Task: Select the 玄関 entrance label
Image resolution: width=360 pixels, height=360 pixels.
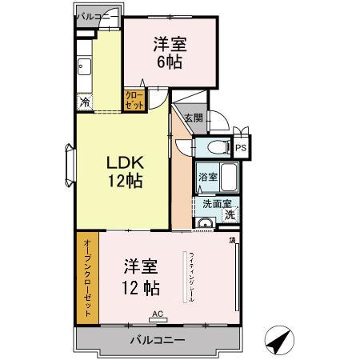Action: [193, 118]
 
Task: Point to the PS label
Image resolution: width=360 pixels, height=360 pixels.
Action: [240, 148]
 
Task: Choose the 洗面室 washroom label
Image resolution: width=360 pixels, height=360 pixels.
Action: [210, 203]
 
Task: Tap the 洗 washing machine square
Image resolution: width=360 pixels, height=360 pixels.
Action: [230, 214]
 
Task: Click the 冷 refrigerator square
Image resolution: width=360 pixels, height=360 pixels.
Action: [84, 102]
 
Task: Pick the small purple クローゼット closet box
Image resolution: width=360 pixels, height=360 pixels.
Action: [133, 100]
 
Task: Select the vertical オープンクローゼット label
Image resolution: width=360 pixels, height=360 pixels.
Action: [87, 278]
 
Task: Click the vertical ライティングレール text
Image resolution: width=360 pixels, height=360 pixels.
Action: [192, 277]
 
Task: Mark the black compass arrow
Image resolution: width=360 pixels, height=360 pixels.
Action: [278, 342]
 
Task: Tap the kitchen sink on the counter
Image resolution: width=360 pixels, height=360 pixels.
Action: [84, 65]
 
